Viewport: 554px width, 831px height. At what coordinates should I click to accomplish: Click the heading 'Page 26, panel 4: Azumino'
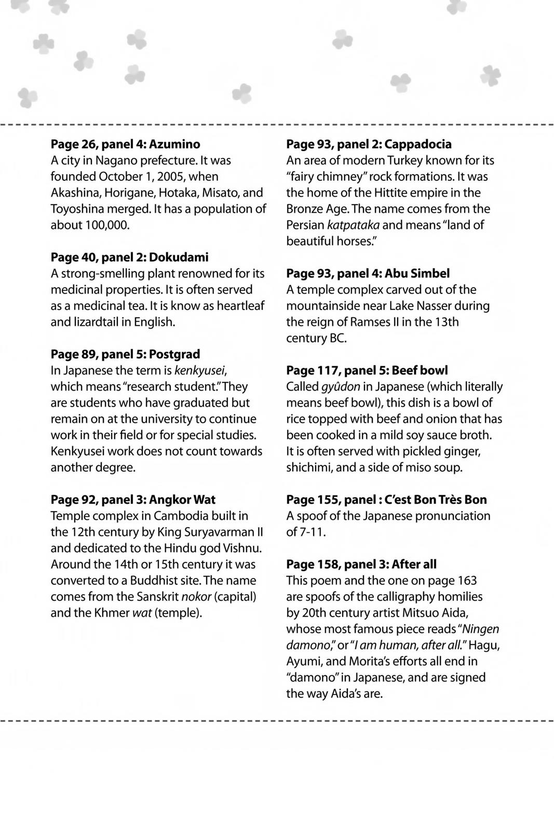[x=125, y=144]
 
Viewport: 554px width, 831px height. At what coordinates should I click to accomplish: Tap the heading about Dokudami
[x=129, y=257]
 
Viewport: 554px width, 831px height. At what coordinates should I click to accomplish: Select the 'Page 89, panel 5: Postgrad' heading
[x=125, y=354]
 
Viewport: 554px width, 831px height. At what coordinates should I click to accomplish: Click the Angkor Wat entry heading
[x=133, y=500]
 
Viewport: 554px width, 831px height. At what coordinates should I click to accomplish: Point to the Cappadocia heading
[x=369, y=144]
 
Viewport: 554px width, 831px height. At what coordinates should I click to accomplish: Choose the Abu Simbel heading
[x=368, y=273]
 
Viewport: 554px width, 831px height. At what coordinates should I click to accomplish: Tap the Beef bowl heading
[x=367, y=370]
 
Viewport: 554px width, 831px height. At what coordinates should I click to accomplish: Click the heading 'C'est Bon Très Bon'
[x=386, y=500]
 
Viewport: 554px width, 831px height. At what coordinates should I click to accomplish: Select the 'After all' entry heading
[x=361, y=564]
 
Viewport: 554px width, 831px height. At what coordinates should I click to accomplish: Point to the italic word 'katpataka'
[x=353, y=225]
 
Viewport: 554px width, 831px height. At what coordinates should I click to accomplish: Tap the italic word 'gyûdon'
[x=340, y=387]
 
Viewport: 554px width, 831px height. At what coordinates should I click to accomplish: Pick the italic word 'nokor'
[x=196, y=596]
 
